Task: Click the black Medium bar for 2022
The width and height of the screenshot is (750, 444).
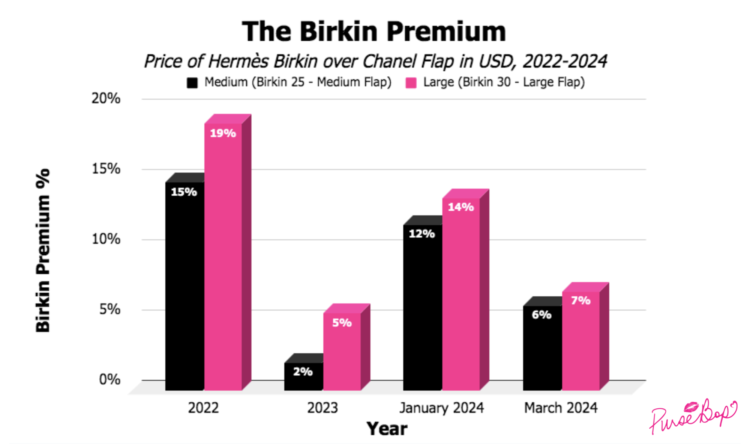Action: [x=184, y=289]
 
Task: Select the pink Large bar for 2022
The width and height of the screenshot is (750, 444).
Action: [x=223, y=259]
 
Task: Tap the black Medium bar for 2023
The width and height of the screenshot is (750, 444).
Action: [x=303, y=379]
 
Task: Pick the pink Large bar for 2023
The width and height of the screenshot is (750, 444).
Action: [x=342, y=353]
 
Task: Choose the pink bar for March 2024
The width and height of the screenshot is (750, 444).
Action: [x=580, y=342]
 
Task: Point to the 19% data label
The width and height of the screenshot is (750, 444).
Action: [x=223, y=133]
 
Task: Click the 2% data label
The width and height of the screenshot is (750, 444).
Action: [x=303, y=372]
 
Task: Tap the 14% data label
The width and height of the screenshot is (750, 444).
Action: [x=461, y=207]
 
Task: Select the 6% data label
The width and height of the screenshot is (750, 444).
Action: [x=541, y=315]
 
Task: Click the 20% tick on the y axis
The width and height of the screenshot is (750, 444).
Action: [x=106, y=99]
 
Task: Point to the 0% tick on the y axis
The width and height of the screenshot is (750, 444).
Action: [x=109, y=380]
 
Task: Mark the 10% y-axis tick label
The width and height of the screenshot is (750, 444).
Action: [x=106, y=239]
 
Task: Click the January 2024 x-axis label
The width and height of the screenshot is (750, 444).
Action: [x=441, y=408]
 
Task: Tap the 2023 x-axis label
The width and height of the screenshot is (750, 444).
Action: [x=322, y=408]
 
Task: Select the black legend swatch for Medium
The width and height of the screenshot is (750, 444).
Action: [x=192, y=83]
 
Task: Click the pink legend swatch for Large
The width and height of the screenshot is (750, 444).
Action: [x=411, y=83]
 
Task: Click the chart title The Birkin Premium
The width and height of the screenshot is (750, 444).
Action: [x=374, y=31]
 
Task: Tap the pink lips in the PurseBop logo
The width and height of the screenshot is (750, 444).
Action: [x=691, y=407]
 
